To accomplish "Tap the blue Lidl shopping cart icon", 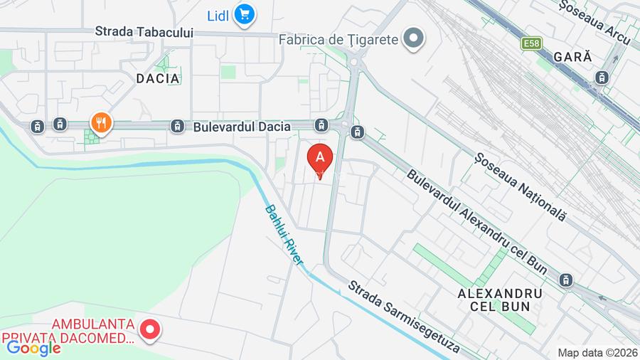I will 245,14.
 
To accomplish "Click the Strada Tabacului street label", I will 144,32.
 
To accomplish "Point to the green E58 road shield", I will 530,44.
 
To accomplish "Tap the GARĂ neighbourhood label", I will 572,58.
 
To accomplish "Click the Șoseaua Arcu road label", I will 595,14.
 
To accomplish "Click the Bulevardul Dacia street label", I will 242,127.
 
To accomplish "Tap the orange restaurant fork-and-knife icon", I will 101,123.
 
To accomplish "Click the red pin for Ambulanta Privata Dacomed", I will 150,329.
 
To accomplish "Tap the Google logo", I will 33,348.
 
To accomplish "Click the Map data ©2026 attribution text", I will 597,353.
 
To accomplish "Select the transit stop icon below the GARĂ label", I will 602,77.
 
